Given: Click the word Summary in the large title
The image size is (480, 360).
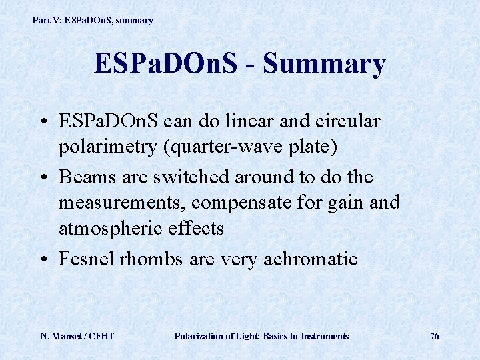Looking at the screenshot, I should (x=324, y=65).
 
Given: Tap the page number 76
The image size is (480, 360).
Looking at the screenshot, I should (x=434, y=336).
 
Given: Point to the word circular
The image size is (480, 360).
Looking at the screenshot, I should (x=345, y=122).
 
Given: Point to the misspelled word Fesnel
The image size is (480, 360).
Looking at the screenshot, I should (x=85, y=258).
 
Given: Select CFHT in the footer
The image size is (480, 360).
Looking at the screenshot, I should (x=101, y=336).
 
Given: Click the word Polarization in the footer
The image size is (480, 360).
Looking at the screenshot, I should (x=199, y=336).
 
